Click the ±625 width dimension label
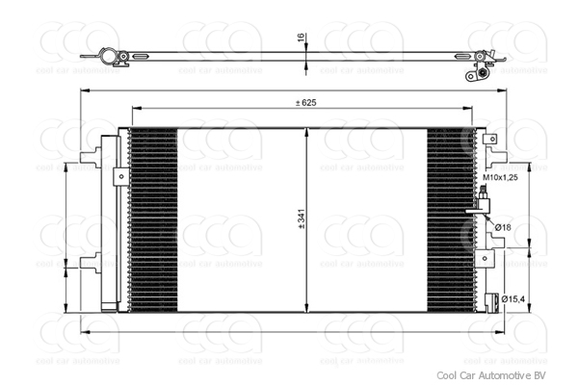306,102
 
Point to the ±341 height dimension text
301,220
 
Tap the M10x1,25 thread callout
501,178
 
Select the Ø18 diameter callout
505,227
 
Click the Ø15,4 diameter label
512,300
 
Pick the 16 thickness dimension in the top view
301,38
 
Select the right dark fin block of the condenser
453,220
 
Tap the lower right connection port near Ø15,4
490,300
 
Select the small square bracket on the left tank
119,176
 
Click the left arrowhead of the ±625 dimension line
132,109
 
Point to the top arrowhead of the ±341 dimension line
306,132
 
